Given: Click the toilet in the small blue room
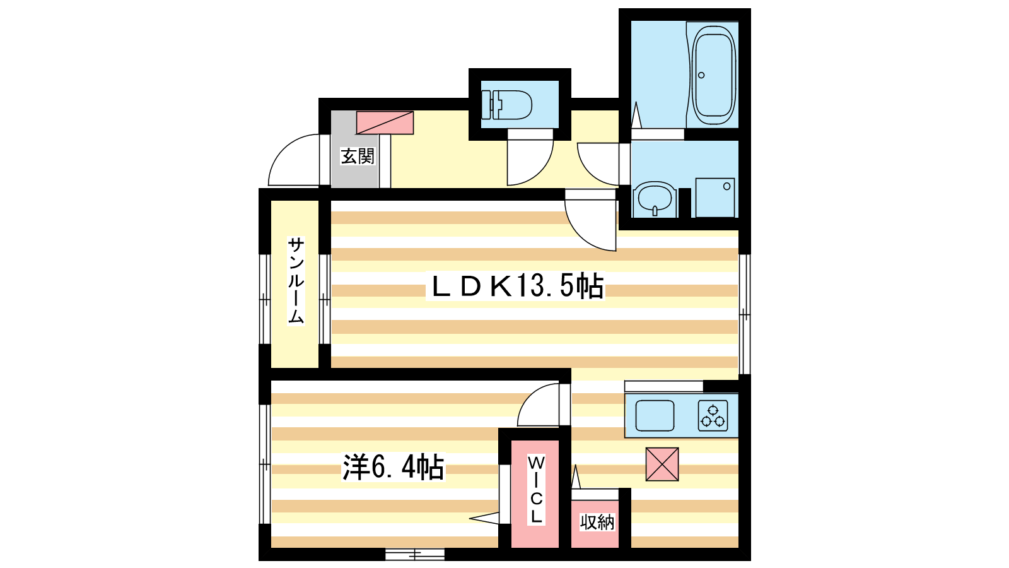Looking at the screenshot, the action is (506, 105).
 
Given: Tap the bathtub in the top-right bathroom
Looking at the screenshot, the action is (713, 75).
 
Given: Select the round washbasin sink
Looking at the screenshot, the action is (655, 199).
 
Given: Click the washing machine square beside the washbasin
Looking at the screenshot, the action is (715, 198).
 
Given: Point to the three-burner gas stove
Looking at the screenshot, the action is (713, 416).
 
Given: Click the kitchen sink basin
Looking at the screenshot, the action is (655, 416).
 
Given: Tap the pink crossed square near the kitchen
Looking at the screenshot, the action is (662, 464).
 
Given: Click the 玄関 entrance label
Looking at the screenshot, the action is (357, 157).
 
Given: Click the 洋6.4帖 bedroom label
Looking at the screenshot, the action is (394, 467).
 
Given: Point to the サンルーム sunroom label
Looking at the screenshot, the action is (296, 280).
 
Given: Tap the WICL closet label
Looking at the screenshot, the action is (536, 490).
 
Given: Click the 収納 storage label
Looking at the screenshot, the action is (597, 522).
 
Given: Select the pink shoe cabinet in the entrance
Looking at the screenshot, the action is (385, 122).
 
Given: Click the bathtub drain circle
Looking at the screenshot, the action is (701, 75).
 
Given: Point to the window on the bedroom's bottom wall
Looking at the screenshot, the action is (415, 554).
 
